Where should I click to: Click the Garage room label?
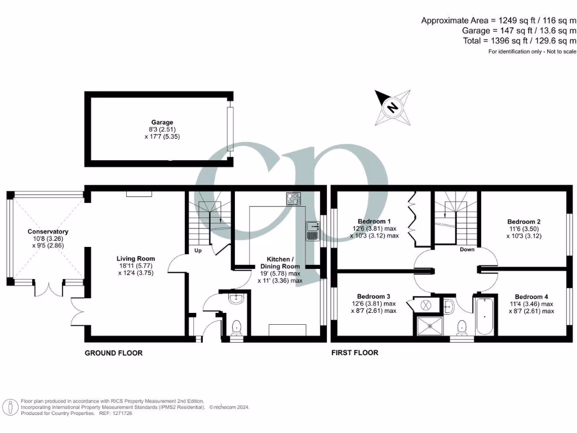(x=162, y=122)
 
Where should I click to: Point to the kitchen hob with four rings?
(x=293, y=198)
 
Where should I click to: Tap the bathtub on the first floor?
(x=485, y=316)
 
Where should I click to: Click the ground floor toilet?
(x=237, y=326)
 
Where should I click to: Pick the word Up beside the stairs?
(x=198, y=250)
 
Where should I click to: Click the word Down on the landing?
(x=467, y=249)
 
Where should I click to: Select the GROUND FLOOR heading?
(x=113, y=353)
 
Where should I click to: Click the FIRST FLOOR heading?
(x=355, y=353)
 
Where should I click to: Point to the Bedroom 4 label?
(x=531, y=297)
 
